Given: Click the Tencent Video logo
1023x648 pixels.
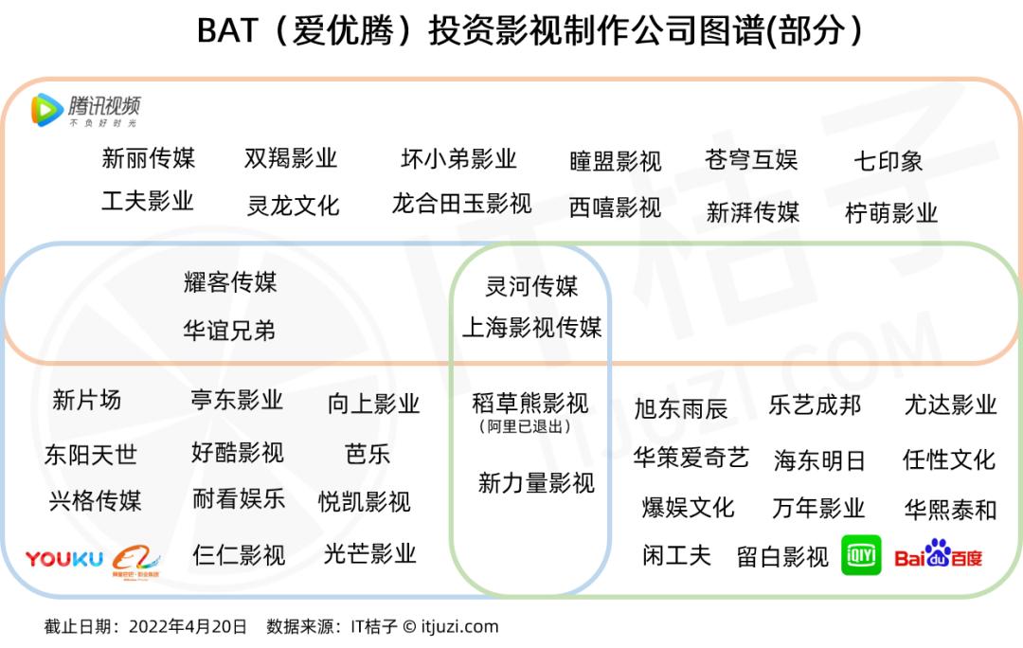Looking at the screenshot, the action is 85,110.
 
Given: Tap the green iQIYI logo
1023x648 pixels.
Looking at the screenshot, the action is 861,555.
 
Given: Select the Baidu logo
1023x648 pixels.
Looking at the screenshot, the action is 938,554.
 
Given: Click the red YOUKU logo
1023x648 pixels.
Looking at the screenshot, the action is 64,559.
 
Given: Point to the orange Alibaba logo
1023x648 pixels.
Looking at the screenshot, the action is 135,561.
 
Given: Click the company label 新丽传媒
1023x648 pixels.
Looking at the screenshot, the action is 149,158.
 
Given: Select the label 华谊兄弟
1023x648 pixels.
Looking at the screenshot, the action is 229,331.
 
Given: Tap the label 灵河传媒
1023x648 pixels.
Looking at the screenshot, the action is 531,286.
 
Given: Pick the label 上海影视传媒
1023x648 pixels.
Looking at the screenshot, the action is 531,327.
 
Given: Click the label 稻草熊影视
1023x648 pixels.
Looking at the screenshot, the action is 530,403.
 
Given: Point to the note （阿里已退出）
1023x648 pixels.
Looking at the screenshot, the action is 525,426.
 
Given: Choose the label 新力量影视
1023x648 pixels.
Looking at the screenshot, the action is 536,483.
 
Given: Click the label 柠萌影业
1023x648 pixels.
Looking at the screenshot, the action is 891,213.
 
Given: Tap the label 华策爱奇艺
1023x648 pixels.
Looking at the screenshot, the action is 691,458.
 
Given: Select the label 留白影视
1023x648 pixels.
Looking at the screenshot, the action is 782,557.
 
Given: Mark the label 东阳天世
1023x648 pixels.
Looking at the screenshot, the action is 91,454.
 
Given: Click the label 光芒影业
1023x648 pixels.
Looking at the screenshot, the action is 370,553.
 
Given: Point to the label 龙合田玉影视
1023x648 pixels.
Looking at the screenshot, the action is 461,204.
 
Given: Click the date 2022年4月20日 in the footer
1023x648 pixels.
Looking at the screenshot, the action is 188,626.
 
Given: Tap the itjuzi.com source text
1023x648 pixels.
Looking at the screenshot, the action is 460,626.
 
